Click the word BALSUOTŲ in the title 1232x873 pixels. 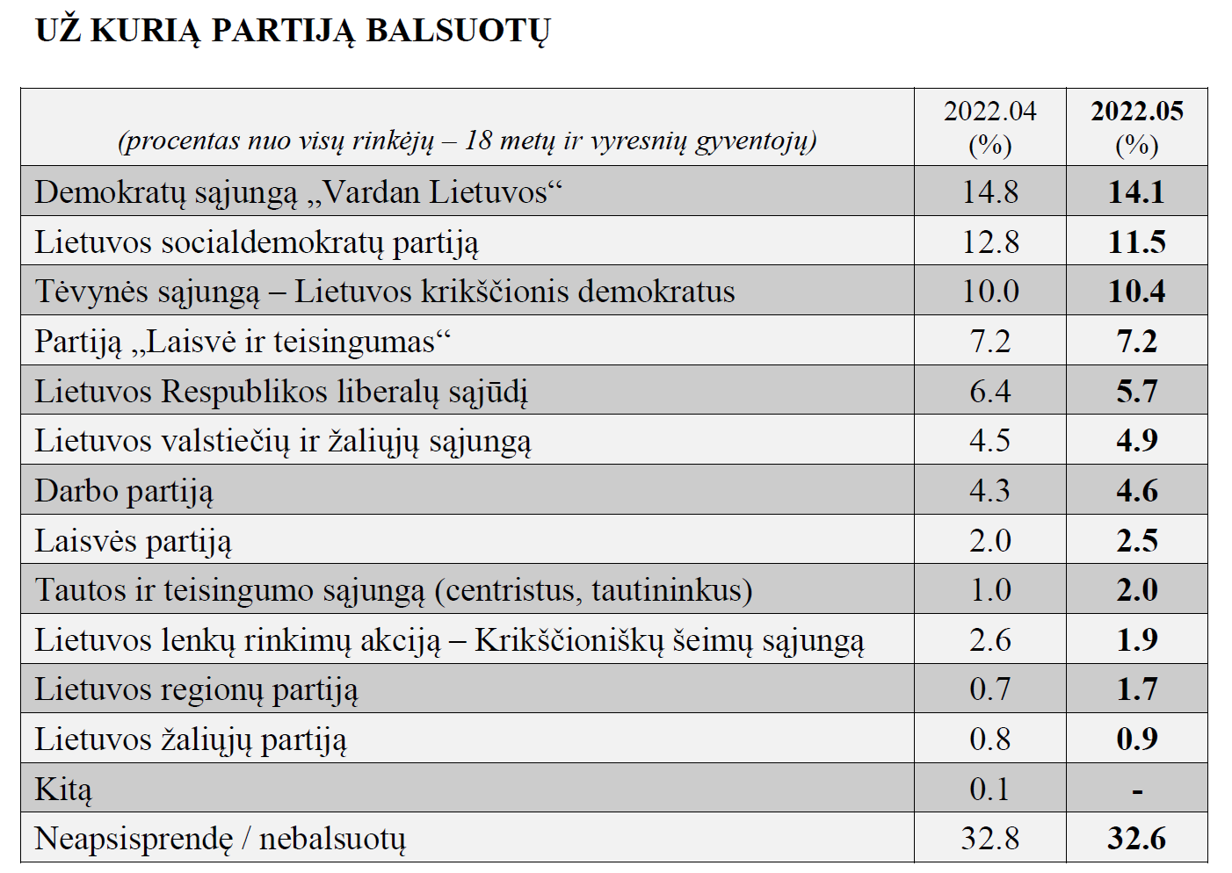pos(459,32)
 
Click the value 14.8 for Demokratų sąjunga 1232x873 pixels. pos(990,192)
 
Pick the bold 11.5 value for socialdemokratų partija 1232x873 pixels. pos(1137,242)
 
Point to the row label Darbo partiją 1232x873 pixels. pos(124,492)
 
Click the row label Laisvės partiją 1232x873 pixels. pos(133,542)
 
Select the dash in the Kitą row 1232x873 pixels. pos(1137,791)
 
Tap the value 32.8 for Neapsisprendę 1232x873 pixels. pos(990,839)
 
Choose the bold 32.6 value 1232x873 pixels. pos(1137,839)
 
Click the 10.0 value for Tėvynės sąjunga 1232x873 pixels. pos(990,292)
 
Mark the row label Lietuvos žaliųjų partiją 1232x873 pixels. pos(191,740)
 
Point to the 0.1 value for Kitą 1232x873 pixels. pos(989,790)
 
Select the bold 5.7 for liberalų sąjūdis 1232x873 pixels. pos(1137,392)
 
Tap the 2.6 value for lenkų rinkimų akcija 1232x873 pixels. pos(990,640)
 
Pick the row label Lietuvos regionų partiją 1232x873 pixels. pos(196,690)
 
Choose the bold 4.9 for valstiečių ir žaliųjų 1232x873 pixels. pos(1137,441)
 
